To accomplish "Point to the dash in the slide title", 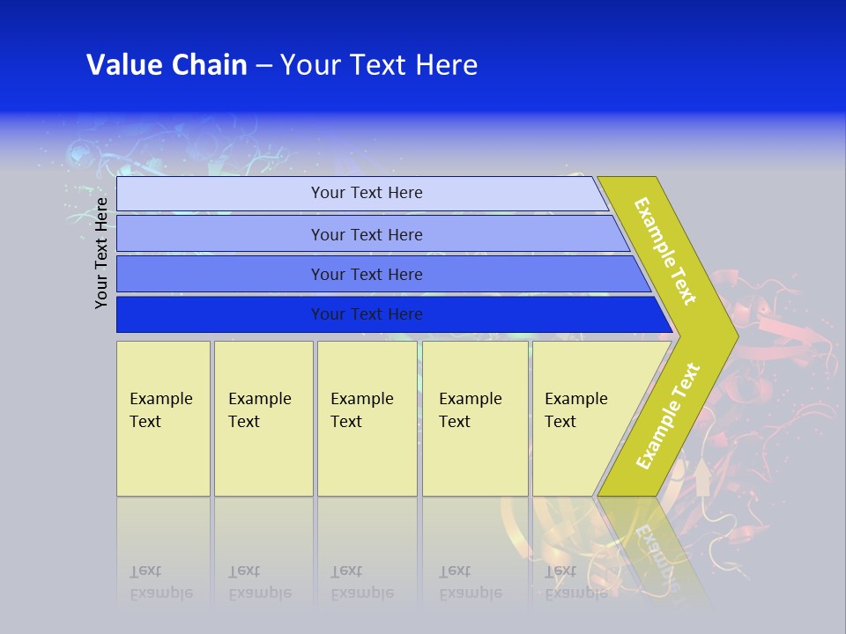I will [x=263, y=66].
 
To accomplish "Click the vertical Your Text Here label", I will [x=102, y=254].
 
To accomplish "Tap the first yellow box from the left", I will [x=163, y=418].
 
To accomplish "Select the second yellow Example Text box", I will [x=263, y=418].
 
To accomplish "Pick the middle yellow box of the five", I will [x=367, y=418].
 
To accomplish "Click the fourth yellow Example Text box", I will [x=474, y=418].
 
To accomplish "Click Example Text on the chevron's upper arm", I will [x=665, y=251].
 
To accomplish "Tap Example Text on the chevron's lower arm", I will [x=668, y=416].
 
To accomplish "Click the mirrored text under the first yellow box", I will [x=161, y=583].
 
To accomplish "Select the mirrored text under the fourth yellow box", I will [x=471, y=583].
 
